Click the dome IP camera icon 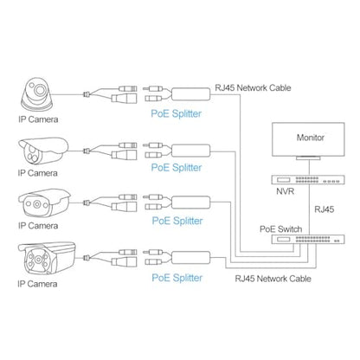(x=37, y=94)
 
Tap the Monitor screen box (x=308, y=139)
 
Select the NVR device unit (x=308, y=180)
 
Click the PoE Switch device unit (x=308, y=239)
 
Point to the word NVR (x=285, y=191)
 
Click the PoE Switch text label (x=281, y=229)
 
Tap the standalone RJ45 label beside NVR (x=325, y=209)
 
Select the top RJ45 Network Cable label (x=253, y=87)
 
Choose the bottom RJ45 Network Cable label (x=273, y=279)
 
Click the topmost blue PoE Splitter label (x=177, y=113)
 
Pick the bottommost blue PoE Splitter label (x=177, y=278)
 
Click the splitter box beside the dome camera (x=191, y=94)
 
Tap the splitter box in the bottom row (x=191, y=258)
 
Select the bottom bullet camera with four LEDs (x=47, y=258)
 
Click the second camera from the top (x=43, y=151)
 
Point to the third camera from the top (x=44, y=203)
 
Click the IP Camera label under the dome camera (x=38, y=119)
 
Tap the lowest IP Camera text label (x=37, y=284)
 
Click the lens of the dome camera (x=40, y=90)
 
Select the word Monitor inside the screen (x=311, y=138)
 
